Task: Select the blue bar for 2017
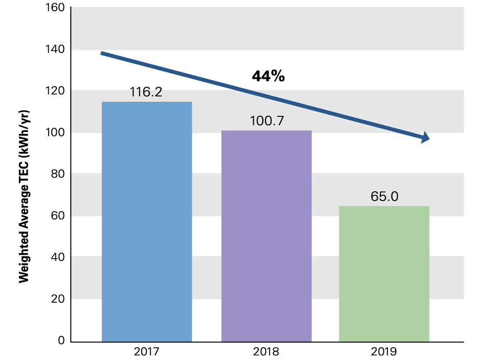(x=147, y=221)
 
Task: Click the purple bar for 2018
(x=266, y=236)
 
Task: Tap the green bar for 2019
(x=384, y=274)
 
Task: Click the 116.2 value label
(x=146, y=92)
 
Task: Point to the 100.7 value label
(x=267, y=121)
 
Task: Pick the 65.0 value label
(x=384, y=197)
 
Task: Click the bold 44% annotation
(x=268, y=77)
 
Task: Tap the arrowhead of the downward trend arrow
(x=425, y=138)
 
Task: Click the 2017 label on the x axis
(x=146, y=352)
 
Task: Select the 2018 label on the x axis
(x=266, y=352)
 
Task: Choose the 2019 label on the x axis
(x=384, y=352)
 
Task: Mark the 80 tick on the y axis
(x=58, y=174)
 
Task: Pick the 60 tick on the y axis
(x=58, y=216)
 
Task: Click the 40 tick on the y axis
(x=58, y=257)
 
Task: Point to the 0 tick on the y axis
(x=61, y=341)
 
